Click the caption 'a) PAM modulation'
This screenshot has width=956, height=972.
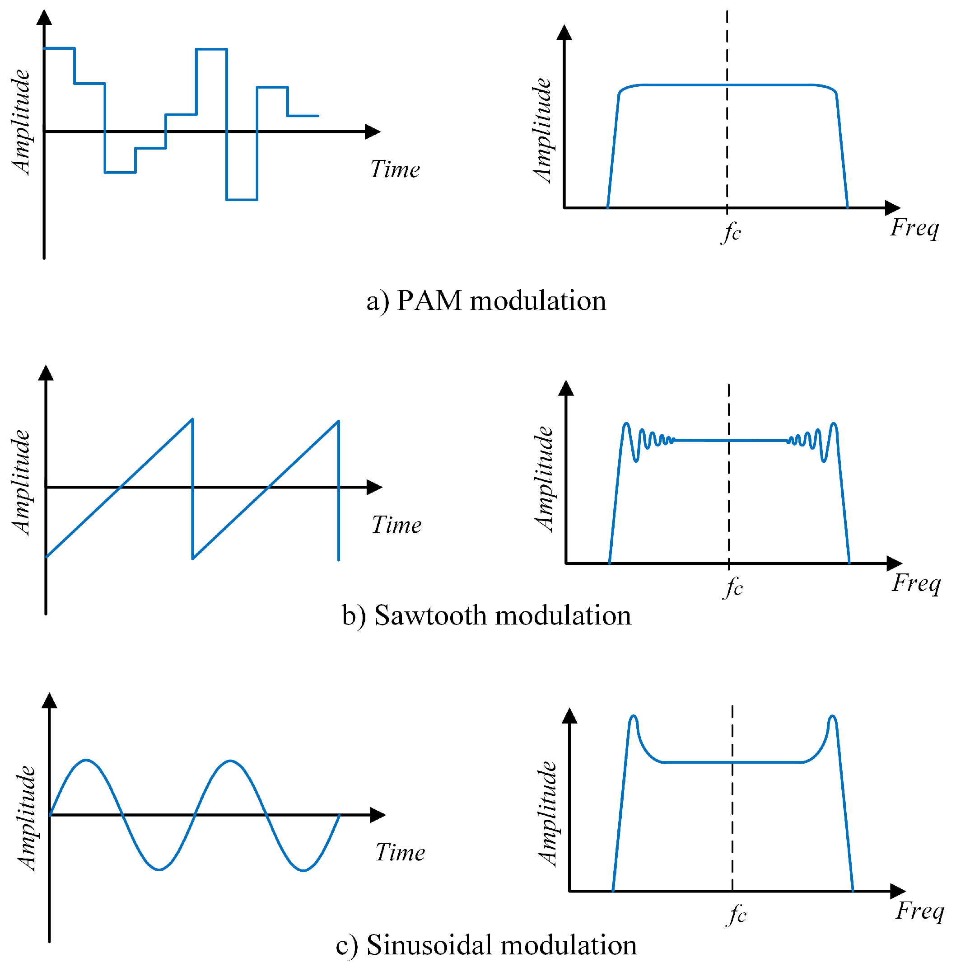[x=486, y=301]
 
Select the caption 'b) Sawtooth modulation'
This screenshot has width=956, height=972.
[x=486, y=615]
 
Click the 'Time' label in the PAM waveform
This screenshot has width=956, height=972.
[x=395, y=169]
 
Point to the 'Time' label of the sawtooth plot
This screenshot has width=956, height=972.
[x=396, y=525]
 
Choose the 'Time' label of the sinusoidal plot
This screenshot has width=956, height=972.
[x=400, y=852]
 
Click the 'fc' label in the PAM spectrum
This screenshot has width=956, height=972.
[x=731, y=232]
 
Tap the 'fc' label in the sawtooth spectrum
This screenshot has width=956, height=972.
[x=732, y=587]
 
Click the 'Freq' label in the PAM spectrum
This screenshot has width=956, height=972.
[x=914, y=228]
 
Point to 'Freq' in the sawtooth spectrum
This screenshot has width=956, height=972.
[x=916, y=584]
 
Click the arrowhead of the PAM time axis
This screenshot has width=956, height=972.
[x=373, y=131]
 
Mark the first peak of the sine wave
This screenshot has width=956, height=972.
[x=86, y=760]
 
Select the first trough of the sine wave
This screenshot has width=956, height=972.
[x=159, y=869]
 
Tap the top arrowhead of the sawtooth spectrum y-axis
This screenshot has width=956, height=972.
[x=566, y=388]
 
